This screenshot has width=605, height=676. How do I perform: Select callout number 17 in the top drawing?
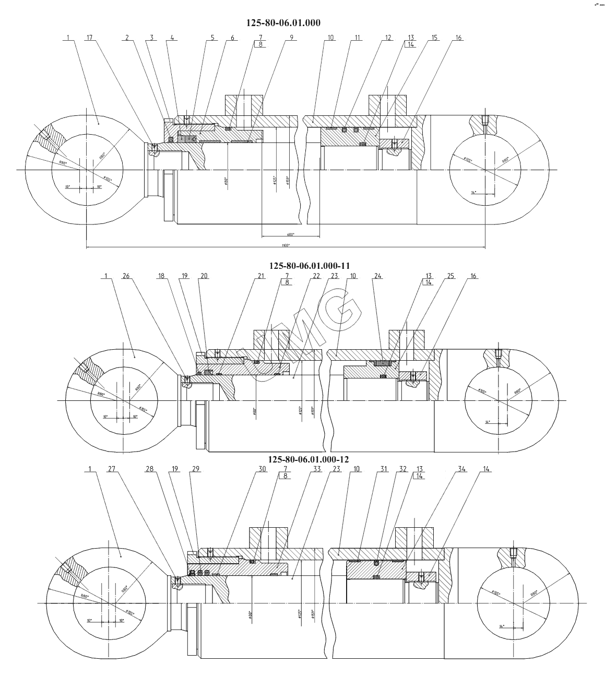click(90, 38)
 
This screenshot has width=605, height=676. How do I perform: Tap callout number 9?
click(292, 38)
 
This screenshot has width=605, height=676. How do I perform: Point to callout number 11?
click(358, 38)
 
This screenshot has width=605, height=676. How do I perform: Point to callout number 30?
click(262, 469)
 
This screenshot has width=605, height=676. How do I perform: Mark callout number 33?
click(317, 469)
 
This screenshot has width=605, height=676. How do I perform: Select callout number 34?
click(446, 469)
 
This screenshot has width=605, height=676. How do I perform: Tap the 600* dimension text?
click(290, 234)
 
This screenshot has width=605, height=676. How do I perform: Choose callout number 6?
click(232, 38)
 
